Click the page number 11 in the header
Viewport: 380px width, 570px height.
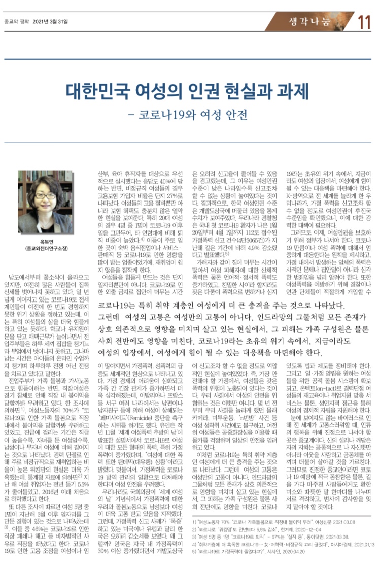pyautogui.click(x=364, y=22)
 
